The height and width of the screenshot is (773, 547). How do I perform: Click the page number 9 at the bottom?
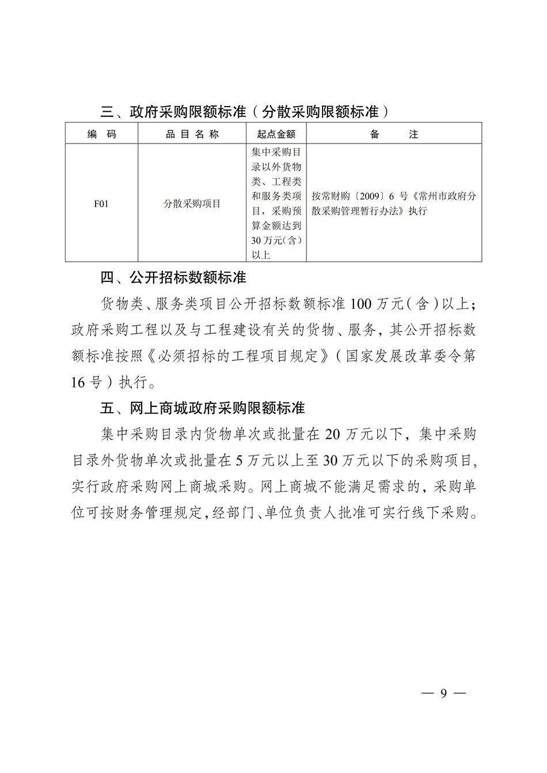pos(443,693)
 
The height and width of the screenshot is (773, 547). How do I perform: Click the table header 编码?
pos(102,134)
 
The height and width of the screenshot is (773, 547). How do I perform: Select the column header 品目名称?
pos(192,134)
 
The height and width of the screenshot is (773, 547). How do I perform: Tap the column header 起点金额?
pos(276,134)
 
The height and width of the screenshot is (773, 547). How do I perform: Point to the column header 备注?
pos(394,134)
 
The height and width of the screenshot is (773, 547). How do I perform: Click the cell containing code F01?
pos(101,203)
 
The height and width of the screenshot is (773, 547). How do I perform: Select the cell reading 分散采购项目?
pos(192,203)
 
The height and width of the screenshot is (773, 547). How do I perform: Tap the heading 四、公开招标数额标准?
pos(173,278)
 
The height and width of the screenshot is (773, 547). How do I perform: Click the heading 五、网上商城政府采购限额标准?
pos(202,408)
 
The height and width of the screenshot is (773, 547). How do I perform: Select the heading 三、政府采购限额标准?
pos(173,112)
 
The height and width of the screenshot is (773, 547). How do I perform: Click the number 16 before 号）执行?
pos(78,382)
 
